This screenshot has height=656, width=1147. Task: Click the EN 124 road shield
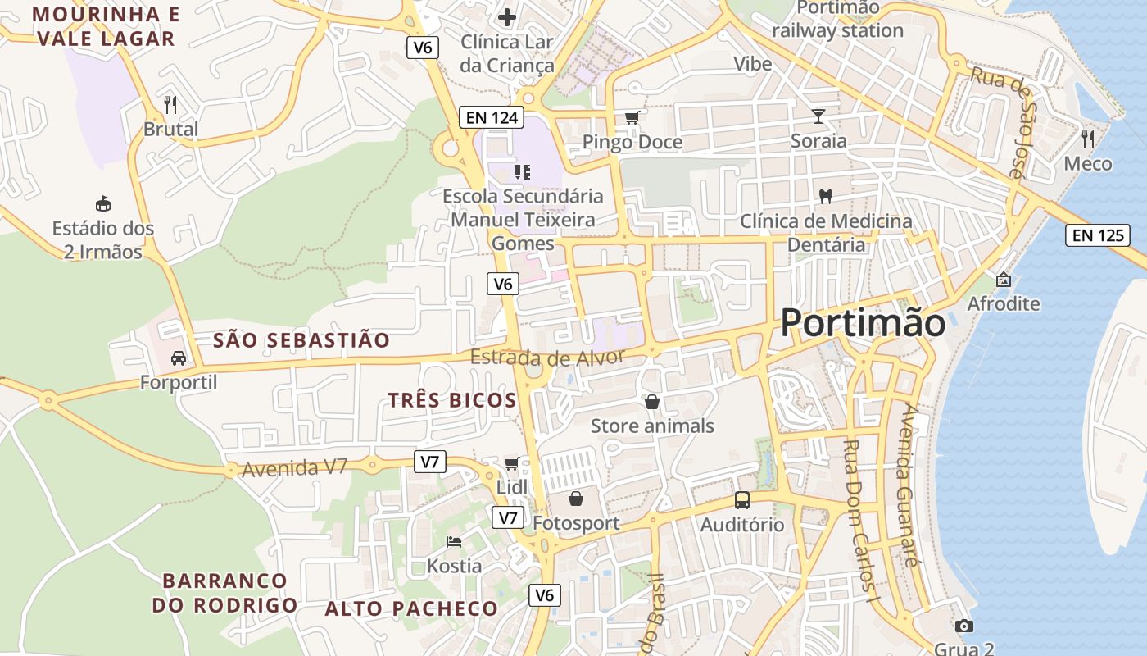pyautogui.click(x=492, y=117)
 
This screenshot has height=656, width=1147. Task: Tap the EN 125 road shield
pyautogui.click(x=1098, y=235)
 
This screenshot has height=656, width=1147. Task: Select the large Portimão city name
pyautogui.click(x=863, y=322)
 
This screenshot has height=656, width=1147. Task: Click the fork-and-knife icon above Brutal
pyautogui.click(x=170, y=104)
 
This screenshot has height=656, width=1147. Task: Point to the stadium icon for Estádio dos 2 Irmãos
pyautogui.click(x=103, y=203)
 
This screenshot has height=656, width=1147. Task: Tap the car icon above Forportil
pyautogui.click(x=178, y=358)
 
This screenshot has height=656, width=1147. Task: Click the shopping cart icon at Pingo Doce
pyautogui.click(x=632, y=117)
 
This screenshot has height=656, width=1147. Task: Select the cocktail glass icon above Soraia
pyautogui.click(x=818, y=116)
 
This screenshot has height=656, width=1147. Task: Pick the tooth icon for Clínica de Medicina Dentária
pyautogui.click(x=826, y=196)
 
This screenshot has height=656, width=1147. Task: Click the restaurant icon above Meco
pyautogui.click(x=1088, y=139)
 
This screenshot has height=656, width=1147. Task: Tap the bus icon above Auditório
pyautogui.click(x=741, y=499)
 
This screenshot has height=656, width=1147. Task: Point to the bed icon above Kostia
pyautogui.click(x=454, y=541)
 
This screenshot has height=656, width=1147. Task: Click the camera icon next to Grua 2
pyautogui.click(x=964, y=626)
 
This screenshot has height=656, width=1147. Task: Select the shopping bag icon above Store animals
pyautogui.click(x=652, y=401)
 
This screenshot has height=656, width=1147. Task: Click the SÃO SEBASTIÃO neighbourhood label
pyautogui.click(x=301, y=340)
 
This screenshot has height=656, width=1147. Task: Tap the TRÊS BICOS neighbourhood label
pyautogui.click(x=452, y=400)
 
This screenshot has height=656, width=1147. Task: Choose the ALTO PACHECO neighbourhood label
pyautogui.click(x=411, y=608)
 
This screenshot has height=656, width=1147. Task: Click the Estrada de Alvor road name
pyautogui.click(x=547, y=358)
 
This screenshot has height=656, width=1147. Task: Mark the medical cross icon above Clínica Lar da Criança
pyautogui.click(x=507, y=16)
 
